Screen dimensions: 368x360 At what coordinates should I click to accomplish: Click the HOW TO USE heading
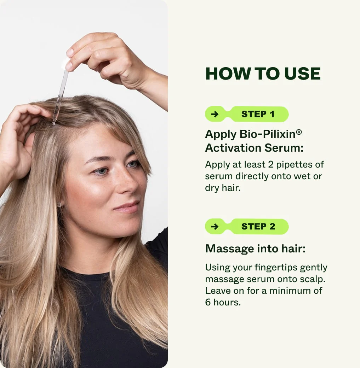pyautogui.click(x=263, y=74)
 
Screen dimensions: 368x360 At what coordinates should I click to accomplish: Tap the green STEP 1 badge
pyautogui.click(x=258, y=114)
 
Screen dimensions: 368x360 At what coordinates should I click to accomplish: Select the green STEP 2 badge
pyautogui.click(x=258, y=227)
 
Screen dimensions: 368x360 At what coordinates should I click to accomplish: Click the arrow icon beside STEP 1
pyautogui.click(x=215, y=114)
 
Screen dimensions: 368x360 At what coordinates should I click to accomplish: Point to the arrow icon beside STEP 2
pyautogui.click(x=215, y=227)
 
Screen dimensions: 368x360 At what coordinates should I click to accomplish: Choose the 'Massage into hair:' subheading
pyautogui.click(x=255, y=249)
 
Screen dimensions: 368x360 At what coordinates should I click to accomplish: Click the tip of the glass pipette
pyautogui.click(x=54, y=123)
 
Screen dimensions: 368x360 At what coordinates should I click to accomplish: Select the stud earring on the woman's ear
pyautogui.click(x=59, y=204)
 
